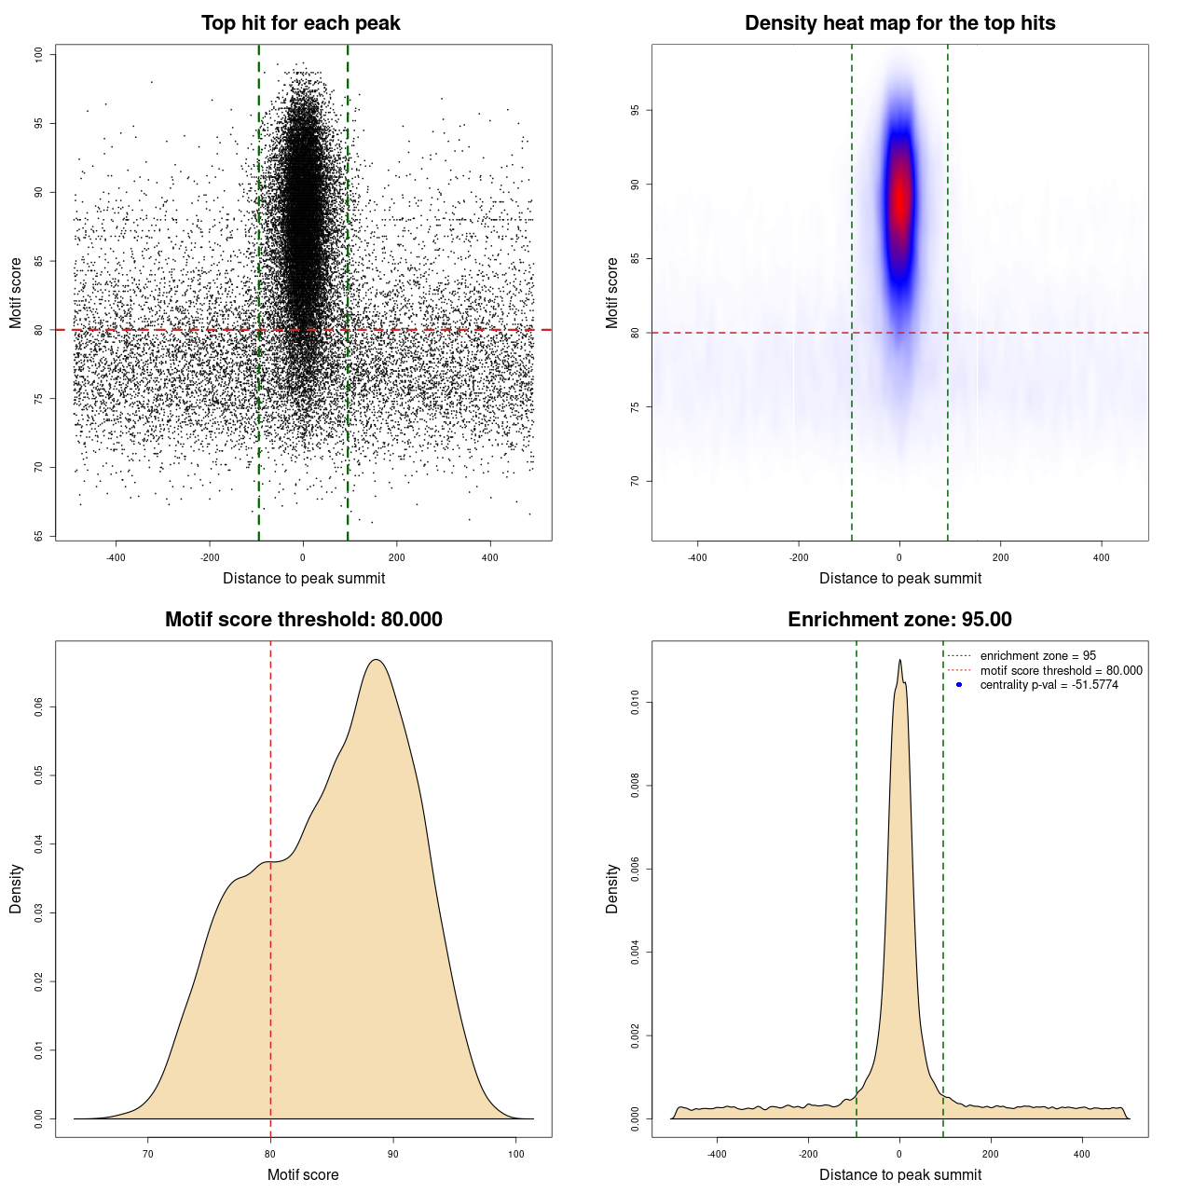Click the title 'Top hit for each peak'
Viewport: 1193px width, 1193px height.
click(300, 23)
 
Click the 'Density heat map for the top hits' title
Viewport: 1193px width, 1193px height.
click(899, 23)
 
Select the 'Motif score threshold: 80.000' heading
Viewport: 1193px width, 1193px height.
click(303, 620)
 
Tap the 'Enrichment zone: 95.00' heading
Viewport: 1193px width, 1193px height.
click(899, 620)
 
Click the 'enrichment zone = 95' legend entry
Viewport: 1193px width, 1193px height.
click(1037, 656)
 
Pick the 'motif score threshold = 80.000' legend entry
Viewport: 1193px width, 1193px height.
click(1061, 670)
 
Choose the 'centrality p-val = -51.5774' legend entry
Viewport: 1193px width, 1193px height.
click(1049, 685)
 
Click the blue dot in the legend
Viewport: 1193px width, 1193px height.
click(959, 685)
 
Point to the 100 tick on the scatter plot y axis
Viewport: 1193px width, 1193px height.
click(39, 55)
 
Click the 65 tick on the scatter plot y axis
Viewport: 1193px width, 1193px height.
click(39, 536)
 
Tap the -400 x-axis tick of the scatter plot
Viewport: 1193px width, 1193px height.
click(116, 558)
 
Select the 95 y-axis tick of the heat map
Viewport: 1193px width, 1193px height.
click(636, 110)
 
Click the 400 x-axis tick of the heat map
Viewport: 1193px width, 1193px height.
click(1102, 558)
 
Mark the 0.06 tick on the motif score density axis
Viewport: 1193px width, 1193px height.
click(39, 707)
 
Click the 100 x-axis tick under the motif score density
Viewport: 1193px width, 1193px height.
click(516, 1155)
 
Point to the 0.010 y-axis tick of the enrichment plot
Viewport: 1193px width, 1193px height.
click(636, 703)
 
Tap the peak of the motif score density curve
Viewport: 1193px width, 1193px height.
click(376, 660)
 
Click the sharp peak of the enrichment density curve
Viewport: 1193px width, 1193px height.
click(899, 660)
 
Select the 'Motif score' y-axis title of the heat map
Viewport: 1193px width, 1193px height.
click(612, 293)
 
